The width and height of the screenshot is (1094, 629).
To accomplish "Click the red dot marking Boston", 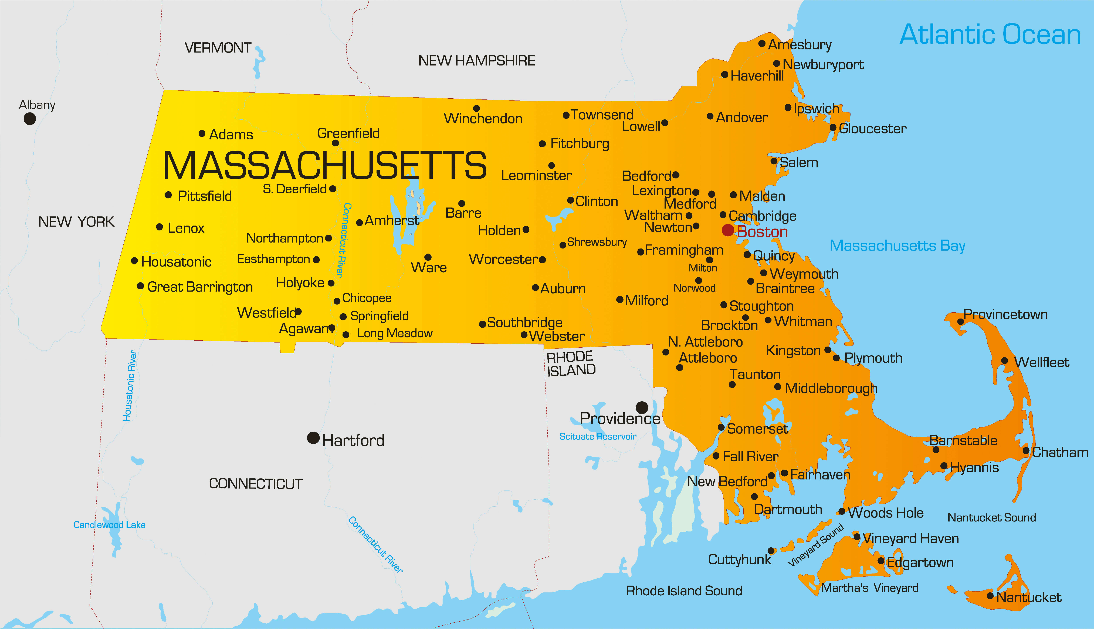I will tap(728, 230).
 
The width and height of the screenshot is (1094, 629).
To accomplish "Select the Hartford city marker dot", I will tap(313, 438).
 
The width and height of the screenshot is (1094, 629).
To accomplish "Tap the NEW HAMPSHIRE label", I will tap(476, 61).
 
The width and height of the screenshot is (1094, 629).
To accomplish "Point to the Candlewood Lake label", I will tap(109, 525).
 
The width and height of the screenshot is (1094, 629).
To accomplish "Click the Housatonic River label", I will tap(130, 385).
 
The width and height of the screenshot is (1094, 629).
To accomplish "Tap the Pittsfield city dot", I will tap(168, 195).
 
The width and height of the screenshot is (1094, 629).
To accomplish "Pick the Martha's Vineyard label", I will tap(870, 588).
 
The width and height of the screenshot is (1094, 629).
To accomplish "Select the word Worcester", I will tap(503, 259).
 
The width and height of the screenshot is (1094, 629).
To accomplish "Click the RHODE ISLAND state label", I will tap(571, 364).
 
